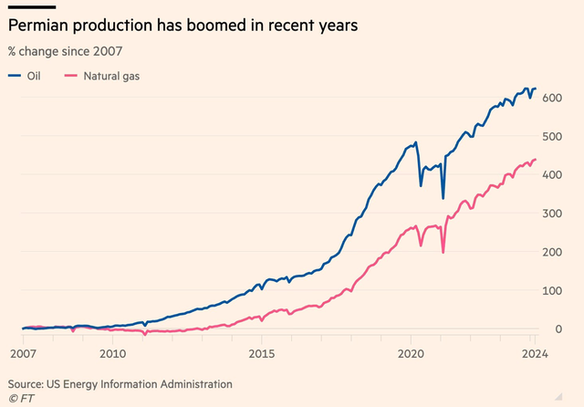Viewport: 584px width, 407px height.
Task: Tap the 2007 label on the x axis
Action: point(22,353)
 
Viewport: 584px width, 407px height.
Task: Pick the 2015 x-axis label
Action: point(262,353)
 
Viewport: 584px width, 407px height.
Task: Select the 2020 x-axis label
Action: point(411,353)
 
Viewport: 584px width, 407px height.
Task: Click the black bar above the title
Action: point(30,6)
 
